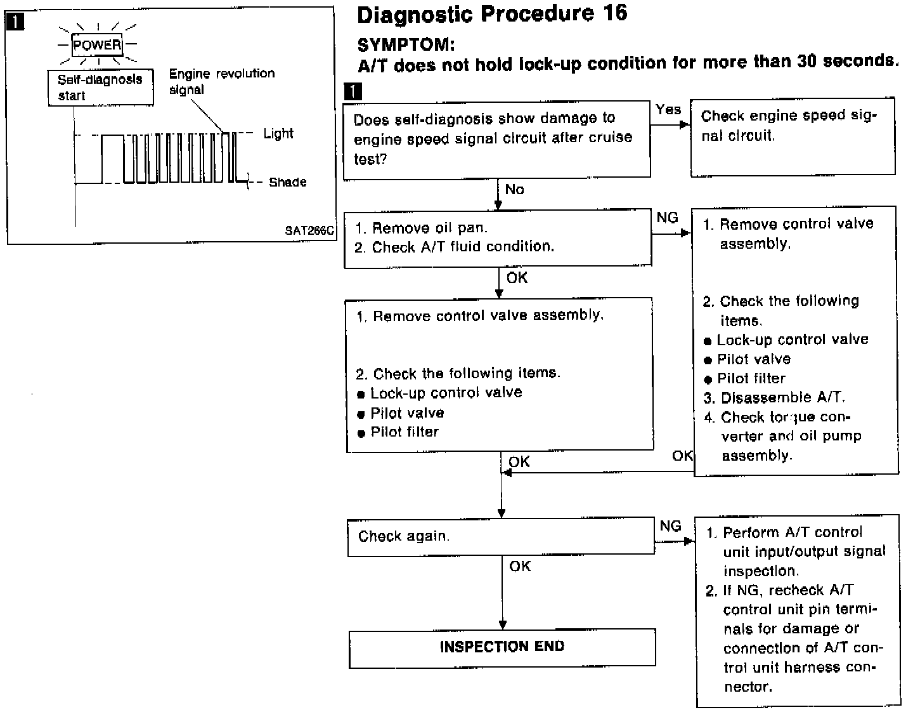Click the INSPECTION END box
point(502,647)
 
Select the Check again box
point(500,537)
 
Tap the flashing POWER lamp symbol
point(97,45)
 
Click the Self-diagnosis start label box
point(100,88)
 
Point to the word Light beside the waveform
point(278,134)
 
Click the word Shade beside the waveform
point(287,183)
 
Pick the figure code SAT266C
point(309,231)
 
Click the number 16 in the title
point(612,13)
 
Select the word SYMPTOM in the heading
point(406,45)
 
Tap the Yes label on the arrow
point(668,110)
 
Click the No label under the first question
point(514,190)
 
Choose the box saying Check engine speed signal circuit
point(793,136)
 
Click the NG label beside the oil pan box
point(667,218)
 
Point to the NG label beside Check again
point(670,527)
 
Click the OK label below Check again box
point(520,567)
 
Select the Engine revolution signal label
point(221,81)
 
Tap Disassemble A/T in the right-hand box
point(782,398)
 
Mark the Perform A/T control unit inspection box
point(798,610)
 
